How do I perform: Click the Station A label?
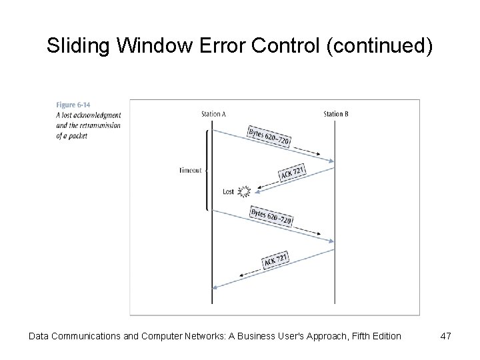tap(213, 114)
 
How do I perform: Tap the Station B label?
tap(335, 114)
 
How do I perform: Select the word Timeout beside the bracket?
tap(190, 171)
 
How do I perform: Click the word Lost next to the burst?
tap(229, 192)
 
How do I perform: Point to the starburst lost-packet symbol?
tap(243, 192)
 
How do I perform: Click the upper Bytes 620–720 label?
tap(269, 136)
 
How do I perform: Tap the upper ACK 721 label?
tap(293, 173)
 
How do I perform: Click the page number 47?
tap(446, 336)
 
